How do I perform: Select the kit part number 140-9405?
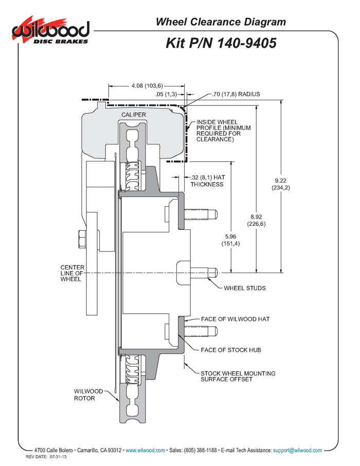[x=221, y=43]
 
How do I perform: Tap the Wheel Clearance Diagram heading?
[x=221, y=22]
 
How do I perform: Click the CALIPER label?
[x=134, y=114]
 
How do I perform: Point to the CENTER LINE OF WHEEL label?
[x=72, y=274]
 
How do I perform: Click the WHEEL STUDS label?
[x=244, y=288]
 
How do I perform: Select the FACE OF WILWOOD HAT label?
[x=236, y=319]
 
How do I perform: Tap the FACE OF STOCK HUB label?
[x=231, y=350]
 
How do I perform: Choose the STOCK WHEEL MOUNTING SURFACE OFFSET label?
[x=238, y=377]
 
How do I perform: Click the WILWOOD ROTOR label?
[x=88, y=395]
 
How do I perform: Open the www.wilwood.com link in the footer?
[x=145, y=450]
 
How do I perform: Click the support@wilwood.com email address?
[x=297, y=450]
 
